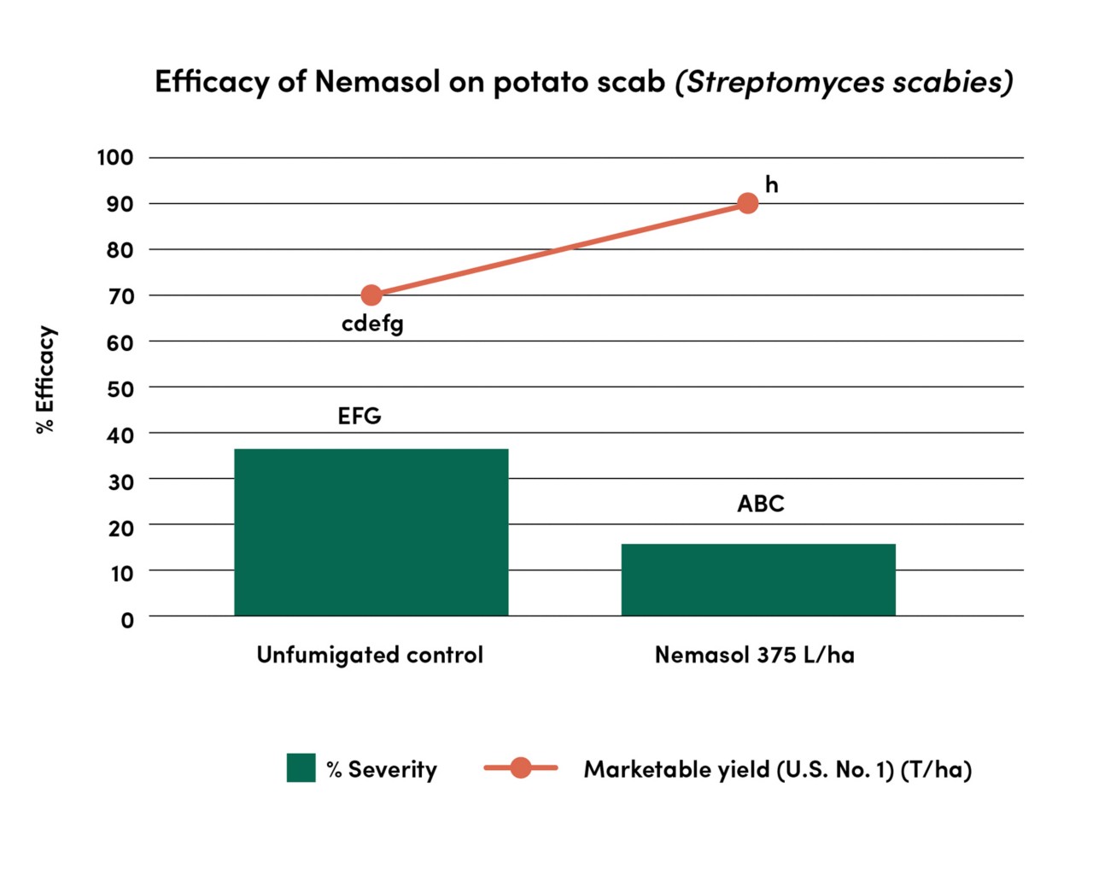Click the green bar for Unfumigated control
click(x=371, y=532)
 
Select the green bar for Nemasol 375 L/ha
click(x=758, y=580)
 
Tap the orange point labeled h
click(x=747, y=203)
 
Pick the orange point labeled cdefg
click(x=371, y=295)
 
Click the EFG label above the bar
click(x=359, y=416)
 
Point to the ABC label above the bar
click(x=760, y=504)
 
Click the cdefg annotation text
click(x=372, y=324)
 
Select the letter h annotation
click(x=771, y=184)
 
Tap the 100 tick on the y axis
click(x=115, y=158)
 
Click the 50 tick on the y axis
click(x=121, y=389)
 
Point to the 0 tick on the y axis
click(x=127, y=620)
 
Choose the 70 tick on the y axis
click(x=121, y=296)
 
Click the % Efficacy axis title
click(x=45, y=380)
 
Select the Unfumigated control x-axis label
click(x=370, y=655)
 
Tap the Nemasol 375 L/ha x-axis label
click(x=754, y=655)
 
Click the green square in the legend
click(x=301, y=768)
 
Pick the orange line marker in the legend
click(x=520, y=768)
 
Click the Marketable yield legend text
click(x=777, y=769)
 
